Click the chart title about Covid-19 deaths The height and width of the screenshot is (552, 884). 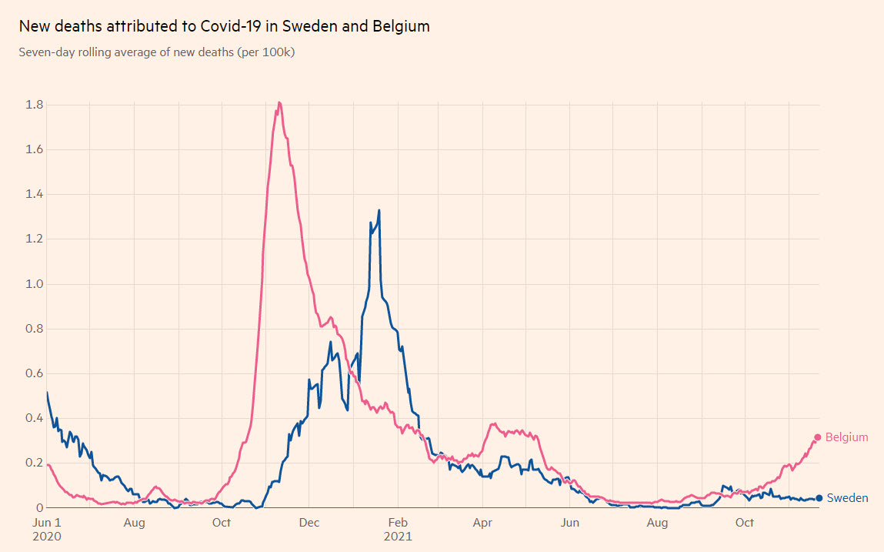[x=224, y=26]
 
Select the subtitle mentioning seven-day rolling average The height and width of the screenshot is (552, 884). [x=157, y=52]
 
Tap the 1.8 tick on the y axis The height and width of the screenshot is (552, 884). [x=35, y=105]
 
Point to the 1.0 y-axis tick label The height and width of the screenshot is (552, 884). [x=35, y=284]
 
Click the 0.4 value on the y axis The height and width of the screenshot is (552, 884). [x=35, y=418]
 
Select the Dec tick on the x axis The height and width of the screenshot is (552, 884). [x=309, y=524]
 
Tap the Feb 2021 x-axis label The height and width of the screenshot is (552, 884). [x=399, y=530]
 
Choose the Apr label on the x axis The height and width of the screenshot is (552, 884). [x=483, y=524]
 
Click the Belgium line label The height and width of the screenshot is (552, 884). [x=846, y=437]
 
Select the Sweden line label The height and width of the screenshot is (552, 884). [x=847, y=498]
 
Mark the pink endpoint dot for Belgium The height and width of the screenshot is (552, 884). [x=818, y=437]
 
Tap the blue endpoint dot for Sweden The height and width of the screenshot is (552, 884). [x=819, y=498]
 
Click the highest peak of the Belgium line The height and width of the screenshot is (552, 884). [x=279, y=102]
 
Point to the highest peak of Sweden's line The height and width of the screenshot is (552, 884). [x=379, y=210]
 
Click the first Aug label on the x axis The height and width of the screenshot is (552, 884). [x=134, y=524]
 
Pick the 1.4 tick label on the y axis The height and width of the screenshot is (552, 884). [x=35, y=195]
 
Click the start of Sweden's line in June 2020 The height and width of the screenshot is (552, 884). [x=48, y=393]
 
